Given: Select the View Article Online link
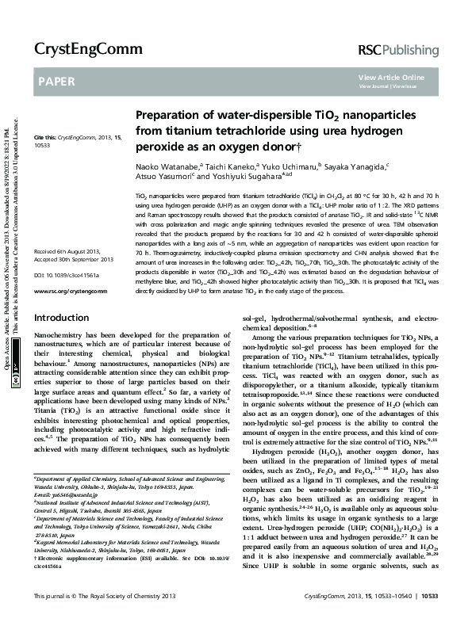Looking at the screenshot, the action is pos(391,76).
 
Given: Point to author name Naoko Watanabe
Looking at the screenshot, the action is pos(167,168).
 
